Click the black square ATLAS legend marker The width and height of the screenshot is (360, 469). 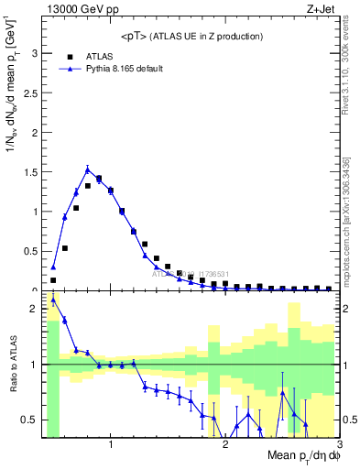pos(70,56)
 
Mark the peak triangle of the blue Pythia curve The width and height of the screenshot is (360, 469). pos(87,169)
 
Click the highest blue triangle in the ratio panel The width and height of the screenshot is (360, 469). pos(53,300)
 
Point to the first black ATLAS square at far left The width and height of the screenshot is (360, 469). pos(53,280)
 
